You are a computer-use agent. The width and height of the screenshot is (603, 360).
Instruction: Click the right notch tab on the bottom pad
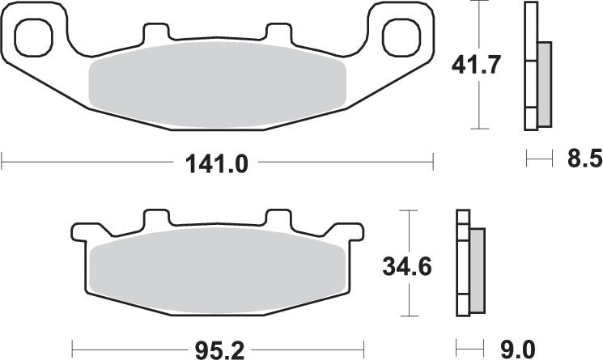pyautogui.click(x=278, y=219)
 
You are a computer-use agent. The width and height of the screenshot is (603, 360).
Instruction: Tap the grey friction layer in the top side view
pyautogui.click(x=544, y=83)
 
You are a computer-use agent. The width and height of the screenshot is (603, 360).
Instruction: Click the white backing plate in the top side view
pyautogui.click(x=530, y=65)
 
